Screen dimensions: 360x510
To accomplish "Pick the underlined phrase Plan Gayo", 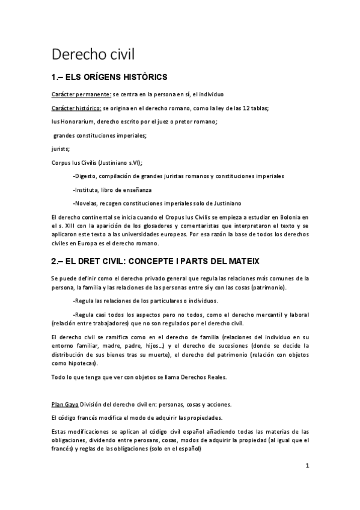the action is pyautogui.click(x=64, y=404).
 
